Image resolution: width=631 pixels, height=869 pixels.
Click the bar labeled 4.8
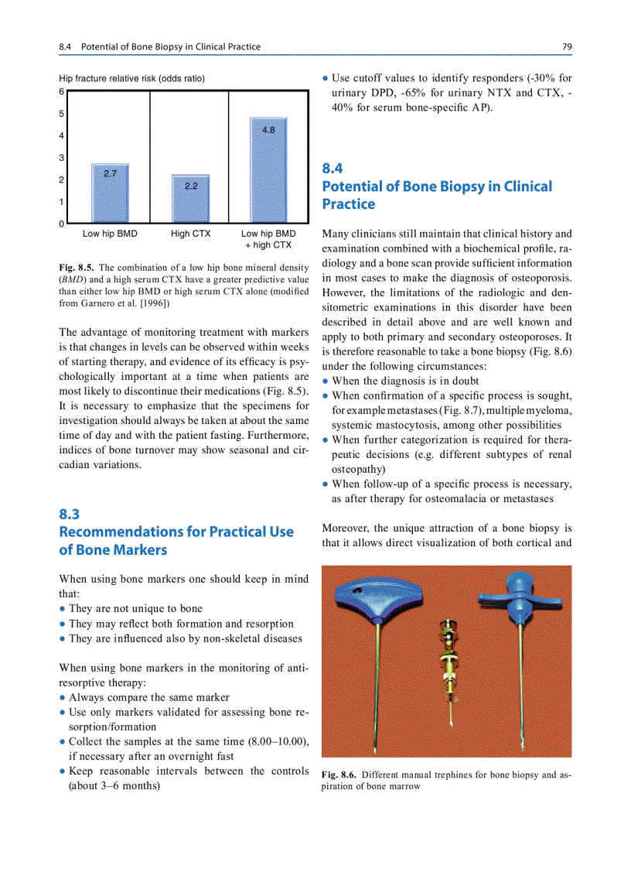tap(268, 170)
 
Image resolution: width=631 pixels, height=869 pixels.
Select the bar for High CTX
tap(190, 199)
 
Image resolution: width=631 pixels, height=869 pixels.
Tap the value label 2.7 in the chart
tap(110, 173)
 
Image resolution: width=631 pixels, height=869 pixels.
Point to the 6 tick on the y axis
tap(62, 91)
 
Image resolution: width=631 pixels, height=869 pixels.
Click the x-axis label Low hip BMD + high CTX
tap(268, 239)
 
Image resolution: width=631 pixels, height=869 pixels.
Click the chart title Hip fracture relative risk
tap(131, 78)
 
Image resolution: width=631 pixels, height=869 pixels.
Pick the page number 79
tap(567, 47)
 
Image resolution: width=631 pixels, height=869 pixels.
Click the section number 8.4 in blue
tap(333, 168)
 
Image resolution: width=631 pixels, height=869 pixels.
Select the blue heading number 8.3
tap(70, 514)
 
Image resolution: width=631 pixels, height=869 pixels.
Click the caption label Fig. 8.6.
tap(338, 774)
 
